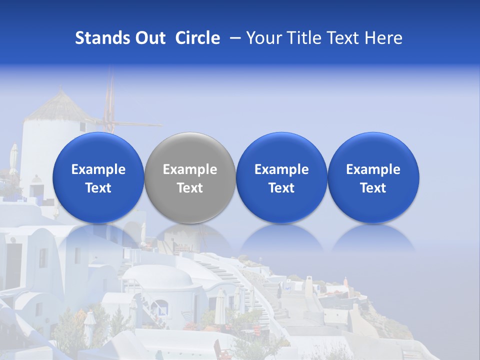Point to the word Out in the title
[x=148, y=38]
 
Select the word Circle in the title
[x=197, y=38]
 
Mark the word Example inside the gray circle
[x=190, y=169]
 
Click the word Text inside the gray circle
[x=190, y=188]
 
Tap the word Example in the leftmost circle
[x=98, y=169]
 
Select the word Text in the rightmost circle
[x=373, y=188]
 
